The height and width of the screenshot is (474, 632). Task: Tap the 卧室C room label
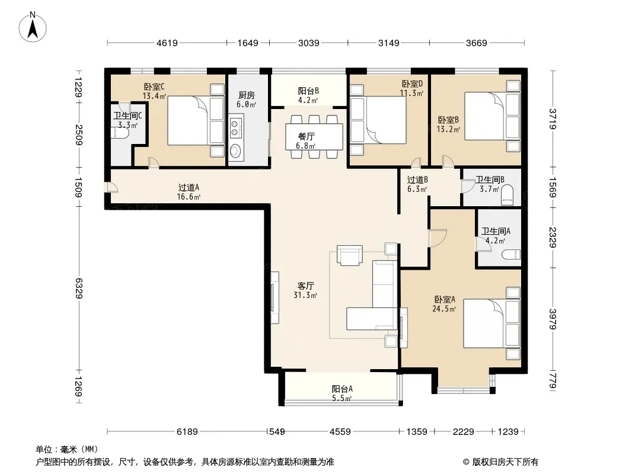click(x=154, y=87)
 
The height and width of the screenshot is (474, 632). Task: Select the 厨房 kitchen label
click(x=246, y=95)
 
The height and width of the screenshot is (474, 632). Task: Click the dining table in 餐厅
click(x=314, y=136)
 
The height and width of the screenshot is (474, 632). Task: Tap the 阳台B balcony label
click(x=308, y=91)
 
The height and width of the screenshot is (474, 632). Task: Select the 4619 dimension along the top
click(x=167, y=43)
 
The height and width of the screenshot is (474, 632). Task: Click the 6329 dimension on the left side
click(x=78, y=288)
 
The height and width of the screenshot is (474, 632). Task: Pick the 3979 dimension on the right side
click(x=552, y=319)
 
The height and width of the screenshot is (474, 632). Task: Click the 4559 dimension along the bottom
click(x=340, y=432)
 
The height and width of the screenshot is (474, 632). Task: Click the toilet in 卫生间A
click(x=512, y=255)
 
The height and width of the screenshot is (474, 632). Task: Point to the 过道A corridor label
click(x=189, y=188)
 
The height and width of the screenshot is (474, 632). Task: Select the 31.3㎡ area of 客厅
click(x=305, y=295)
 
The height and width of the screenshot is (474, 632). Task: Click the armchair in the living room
click(x=349, y=255)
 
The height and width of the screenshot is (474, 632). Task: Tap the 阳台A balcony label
click(x=342, y=389)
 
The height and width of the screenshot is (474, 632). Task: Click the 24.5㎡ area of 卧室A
click(x=444, y=309)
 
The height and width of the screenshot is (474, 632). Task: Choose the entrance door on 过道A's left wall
click(x=110, y=188)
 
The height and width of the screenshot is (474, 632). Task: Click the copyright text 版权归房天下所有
click(x=505, y=462)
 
